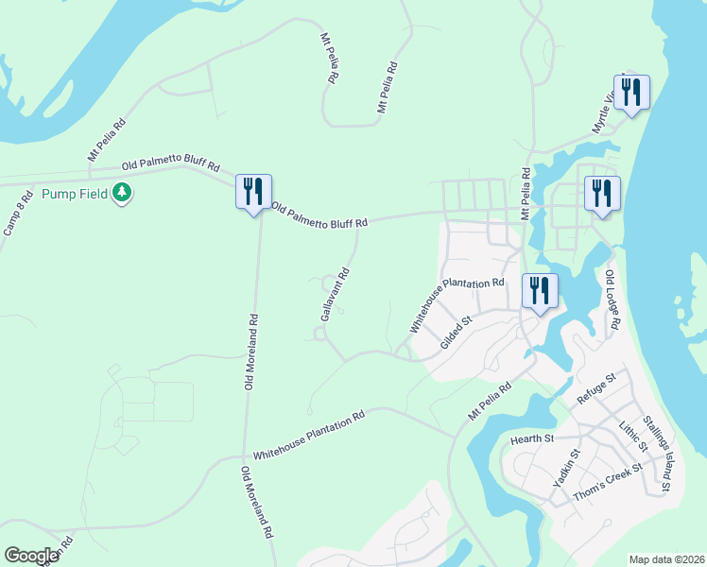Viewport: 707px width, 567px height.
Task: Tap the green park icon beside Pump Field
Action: click(x=121, y=194)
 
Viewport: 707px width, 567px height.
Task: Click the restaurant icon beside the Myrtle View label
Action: click(x=631, y=93)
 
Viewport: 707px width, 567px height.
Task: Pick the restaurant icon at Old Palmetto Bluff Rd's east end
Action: click(x=602, y=194)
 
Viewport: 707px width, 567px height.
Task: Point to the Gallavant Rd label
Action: click(x=336, y=294)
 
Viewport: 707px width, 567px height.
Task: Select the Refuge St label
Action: click(x=596, y=389)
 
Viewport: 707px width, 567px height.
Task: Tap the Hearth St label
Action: click(x=530, y=438)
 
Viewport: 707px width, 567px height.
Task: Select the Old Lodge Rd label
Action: click(x=612, y=300)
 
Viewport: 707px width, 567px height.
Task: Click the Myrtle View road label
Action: click(x=606, y=112)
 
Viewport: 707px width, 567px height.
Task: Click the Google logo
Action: click(x=31, y=556)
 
